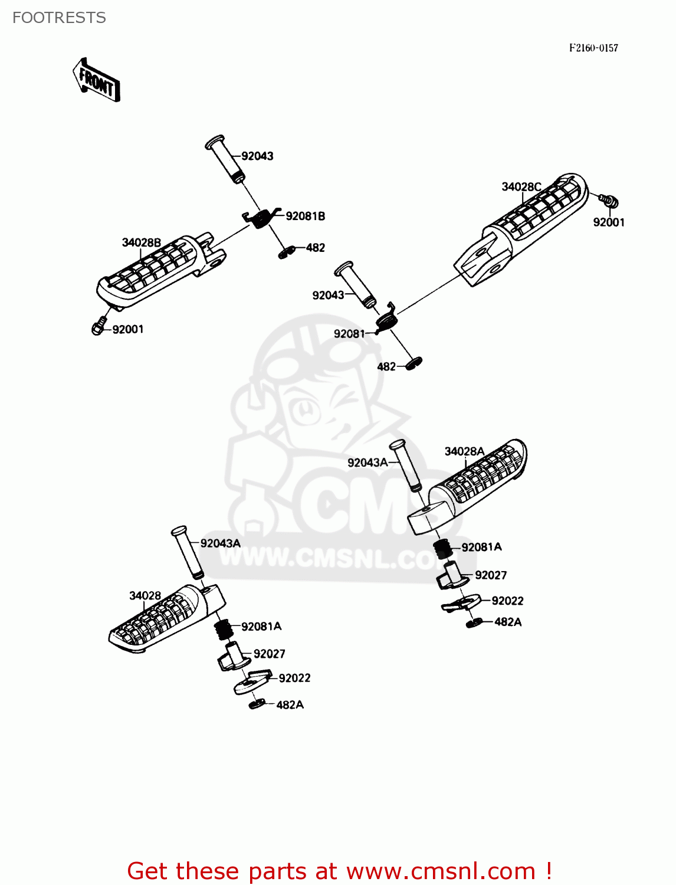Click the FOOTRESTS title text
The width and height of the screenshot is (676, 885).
[x=59, y=18]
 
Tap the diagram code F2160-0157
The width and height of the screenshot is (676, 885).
[x=593, y=48]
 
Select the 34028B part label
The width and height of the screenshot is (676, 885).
[x=141, y=242]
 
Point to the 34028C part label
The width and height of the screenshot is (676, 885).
[x=521, y=187]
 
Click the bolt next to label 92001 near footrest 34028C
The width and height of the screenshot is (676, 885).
[x=609, y=201]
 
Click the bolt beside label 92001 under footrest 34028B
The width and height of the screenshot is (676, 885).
[x=99, y=326]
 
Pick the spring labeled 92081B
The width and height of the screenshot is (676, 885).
[x=260, y=218]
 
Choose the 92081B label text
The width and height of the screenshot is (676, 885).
[x=305, y=217]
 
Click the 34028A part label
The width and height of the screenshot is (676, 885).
[x=464, y=451]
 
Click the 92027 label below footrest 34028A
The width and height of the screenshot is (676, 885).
[x=490, y=575]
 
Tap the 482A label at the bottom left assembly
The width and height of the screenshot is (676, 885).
[x=290, y=705]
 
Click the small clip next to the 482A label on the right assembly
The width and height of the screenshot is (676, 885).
[x=474, y=622]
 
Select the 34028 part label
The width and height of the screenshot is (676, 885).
[x=145, y=596]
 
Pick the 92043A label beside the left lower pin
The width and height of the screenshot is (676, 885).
[x=220, y=543]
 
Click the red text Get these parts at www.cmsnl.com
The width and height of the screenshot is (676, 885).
[x=339, y=871]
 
